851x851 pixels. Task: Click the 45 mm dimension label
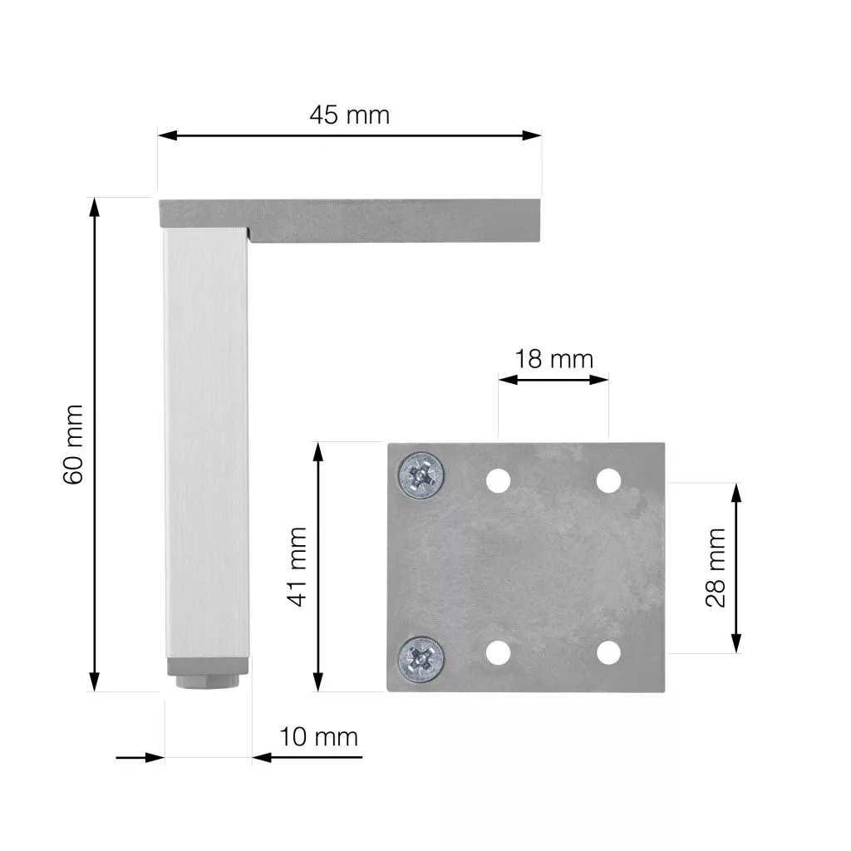pos(350,115)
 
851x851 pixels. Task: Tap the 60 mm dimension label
pos(73,444)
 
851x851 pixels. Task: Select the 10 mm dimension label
pos(318,737)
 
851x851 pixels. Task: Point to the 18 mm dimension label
pos(553,359)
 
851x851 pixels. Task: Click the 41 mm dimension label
pos(298,566)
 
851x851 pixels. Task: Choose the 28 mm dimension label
pos(716,567)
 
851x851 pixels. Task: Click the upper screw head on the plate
pos(421,475)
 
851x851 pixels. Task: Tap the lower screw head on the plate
pos(421,659)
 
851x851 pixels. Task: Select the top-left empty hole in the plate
pos(499,481)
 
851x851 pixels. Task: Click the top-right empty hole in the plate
pos(608,481)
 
